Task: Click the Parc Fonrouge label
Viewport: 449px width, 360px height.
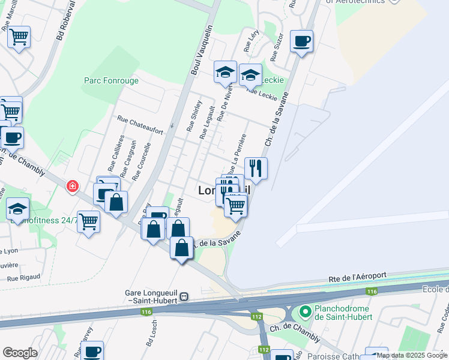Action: (x=111, y=80)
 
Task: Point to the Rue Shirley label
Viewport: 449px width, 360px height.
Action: (x=193, y=115)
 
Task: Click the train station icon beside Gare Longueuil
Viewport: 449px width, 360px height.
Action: (x=185, y=296)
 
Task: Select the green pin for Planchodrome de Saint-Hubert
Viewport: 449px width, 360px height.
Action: (x=305, y=311)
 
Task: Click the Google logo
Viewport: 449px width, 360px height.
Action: (x=20, y=353)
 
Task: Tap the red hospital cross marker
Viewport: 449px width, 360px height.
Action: (x=73, y=187)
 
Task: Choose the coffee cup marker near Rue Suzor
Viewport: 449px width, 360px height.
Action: (x=301, y=42)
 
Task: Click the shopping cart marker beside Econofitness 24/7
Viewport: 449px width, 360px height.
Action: (x=88, y=221)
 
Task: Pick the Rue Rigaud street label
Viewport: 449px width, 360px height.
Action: (x=23, y=277)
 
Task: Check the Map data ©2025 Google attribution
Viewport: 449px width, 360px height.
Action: (x=412, y=355)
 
